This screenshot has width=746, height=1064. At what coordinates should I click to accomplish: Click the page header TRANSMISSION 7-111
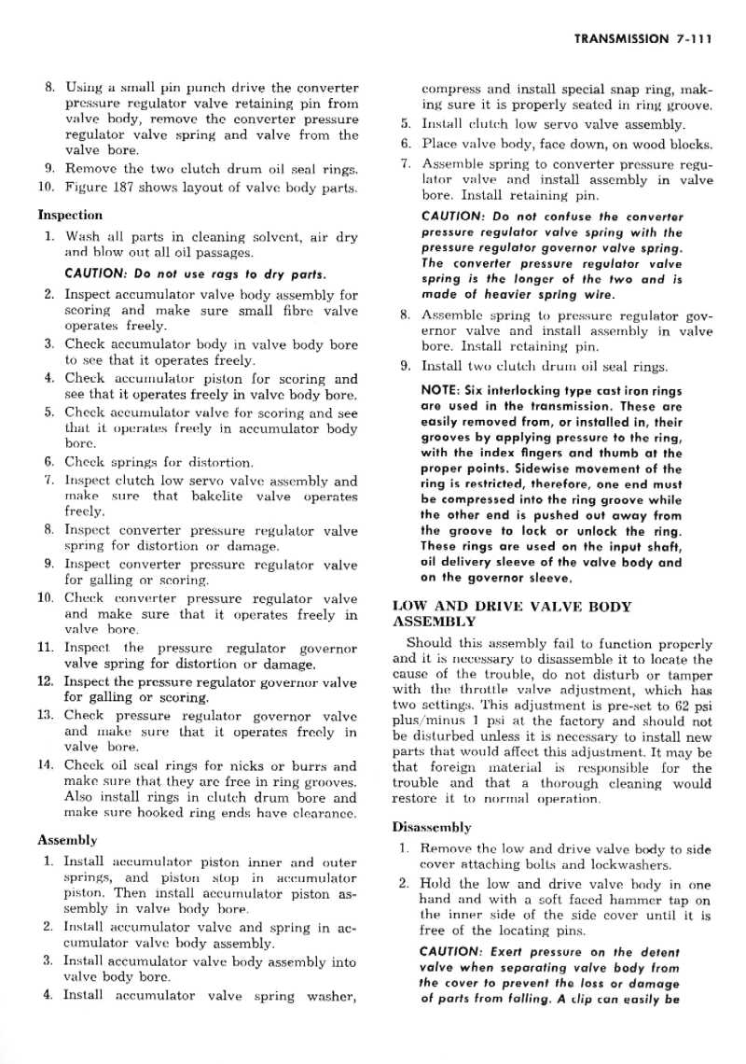tap(642, 39)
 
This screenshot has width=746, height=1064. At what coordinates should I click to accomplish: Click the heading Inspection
tap(70, 215)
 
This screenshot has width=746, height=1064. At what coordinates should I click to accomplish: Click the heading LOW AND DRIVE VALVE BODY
tap(512, 606)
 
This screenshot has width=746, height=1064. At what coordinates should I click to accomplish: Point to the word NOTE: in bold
tap(442, 390)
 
